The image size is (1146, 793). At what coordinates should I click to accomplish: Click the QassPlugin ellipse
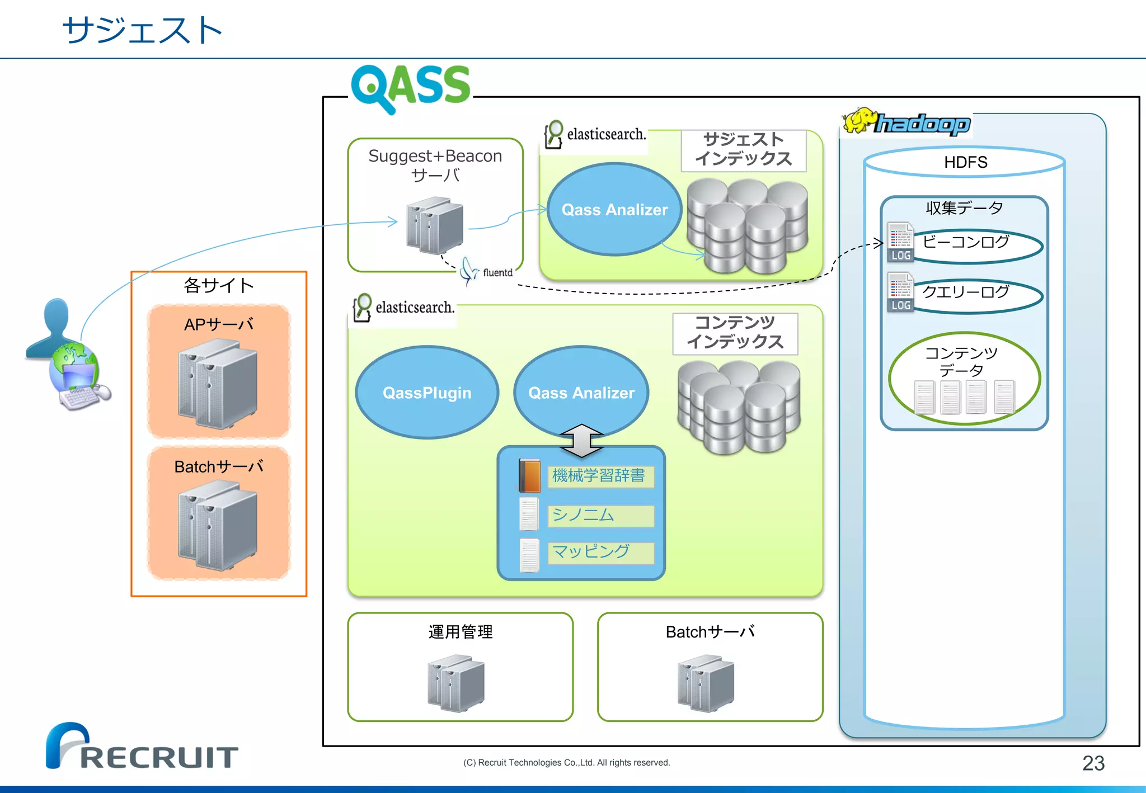click(427, 393)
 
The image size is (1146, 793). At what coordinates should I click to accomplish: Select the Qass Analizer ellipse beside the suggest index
click(614, 210)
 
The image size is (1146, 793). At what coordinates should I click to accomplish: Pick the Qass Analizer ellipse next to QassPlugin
click(581, 393)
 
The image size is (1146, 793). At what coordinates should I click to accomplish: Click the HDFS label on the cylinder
click(965, 162)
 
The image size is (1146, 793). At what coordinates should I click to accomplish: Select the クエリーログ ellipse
click(976, 295)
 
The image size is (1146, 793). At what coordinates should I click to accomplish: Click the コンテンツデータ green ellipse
click(964, 377)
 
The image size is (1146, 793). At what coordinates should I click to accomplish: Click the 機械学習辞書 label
click(599, 476)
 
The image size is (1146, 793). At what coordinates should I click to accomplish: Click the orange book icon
click(529, 475)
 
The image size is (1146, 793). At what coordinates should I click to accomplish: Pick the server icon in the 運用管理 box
click(455, 683)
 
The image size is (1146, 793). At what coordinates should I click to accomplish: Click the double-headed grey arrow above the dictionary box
click(581, 440)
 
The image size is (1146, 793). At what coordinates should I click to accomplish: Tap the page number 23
click(1093, 763)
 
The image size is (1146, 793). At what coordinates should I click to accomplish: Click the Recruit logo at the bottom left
click(142, 748)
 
